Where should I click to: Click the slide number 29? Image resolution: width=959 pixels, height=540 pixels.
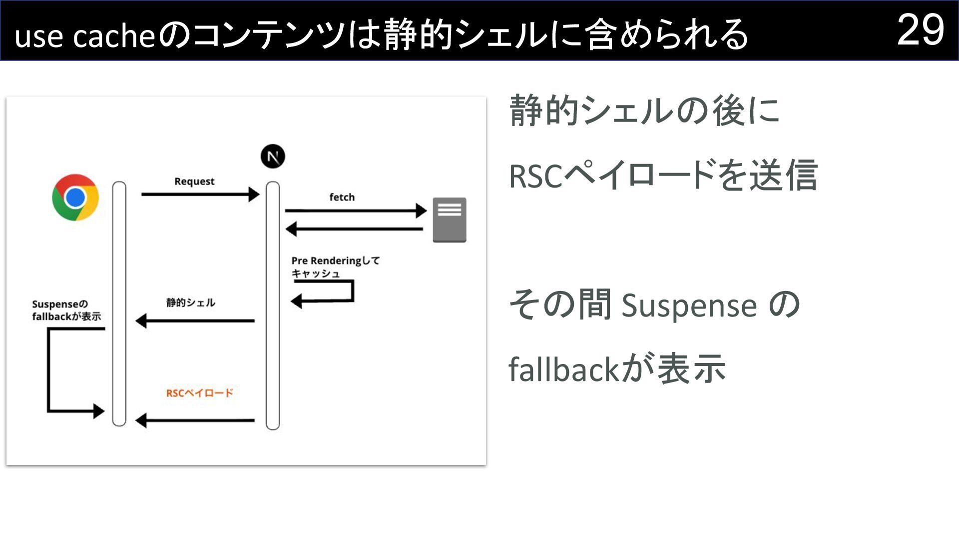920,30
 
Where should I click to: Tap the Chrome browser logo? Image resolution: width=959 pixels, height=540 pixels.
75,197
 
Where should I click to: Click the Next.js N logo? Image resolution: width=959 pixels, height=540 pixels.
273,156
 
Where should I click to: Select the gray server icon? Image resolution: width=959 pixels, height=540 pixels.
449,220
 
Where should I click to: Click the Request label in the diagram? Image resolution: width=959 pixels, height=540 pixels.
194,181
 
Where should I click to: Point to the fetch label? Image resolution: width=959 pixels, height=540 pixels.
342,197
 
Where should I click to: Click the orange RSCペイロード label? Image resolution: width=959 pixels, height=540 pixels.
199,393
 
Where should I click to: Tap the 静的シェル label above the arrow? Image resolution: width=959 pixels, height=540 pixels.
190,302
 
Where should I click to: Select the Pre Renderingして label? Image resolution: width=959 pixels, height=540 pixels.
335,260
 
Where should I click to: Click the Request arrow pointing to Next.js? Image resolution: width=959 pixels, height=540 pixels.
200,194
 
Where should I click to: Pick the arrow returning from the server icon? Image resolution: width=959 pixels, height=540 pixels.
355,229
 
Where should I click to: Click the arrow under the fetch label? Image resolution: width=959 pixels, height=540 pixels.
355,211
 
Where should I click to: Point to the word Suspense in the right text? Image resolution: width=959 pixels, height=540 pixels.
689,305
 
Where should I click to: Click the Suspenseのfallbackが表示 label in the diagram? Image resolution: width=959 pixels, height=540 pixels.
66,310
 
